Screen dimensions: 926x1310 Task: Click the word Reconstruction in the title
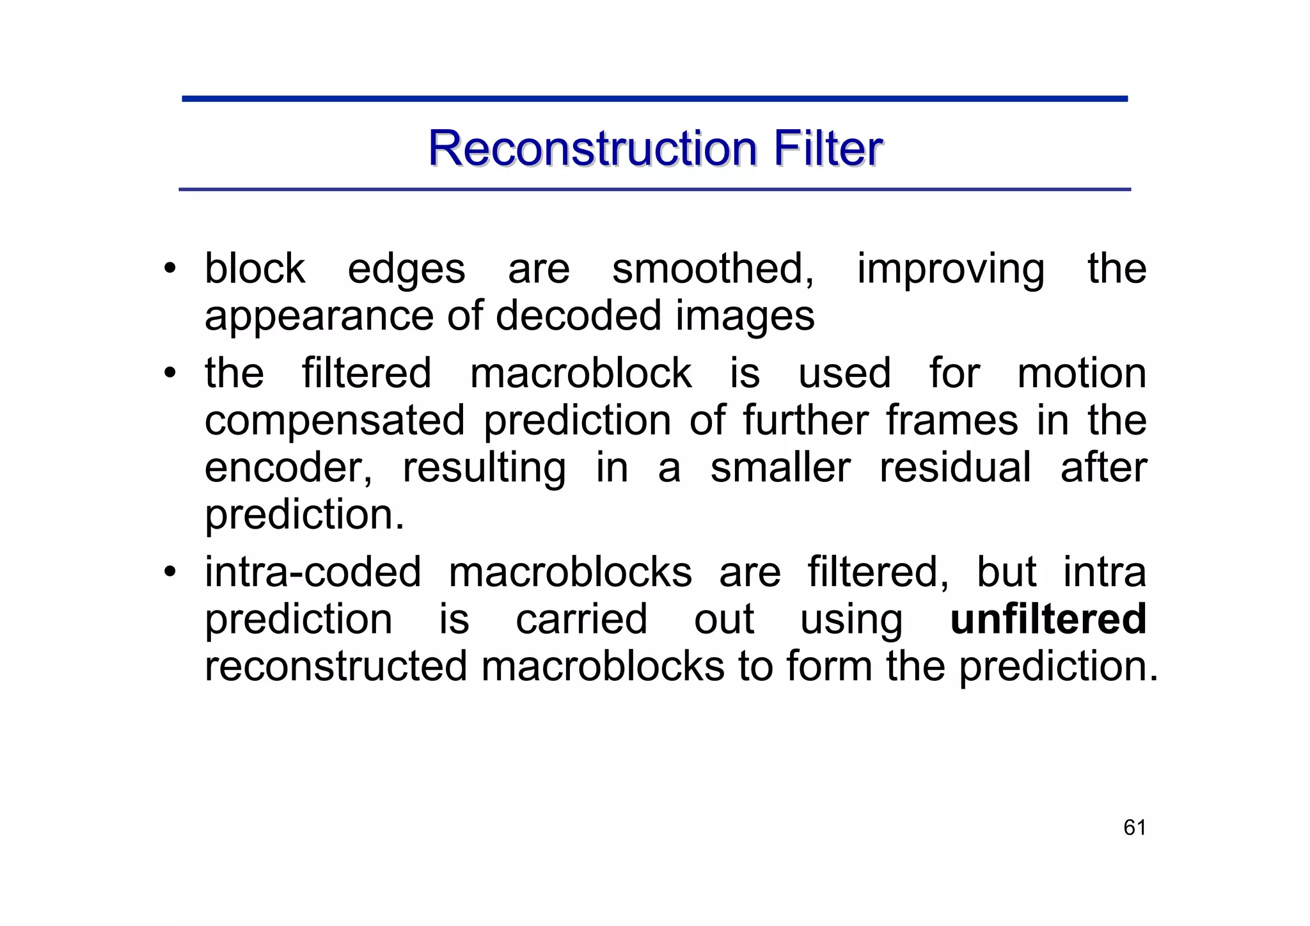[592, 148]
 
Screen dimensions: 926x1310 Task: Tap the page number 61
[1134, 827]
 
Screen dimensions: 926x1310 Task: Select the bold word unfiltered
[1048, 619]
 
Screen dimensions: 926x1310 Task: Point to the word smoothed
[713, 268]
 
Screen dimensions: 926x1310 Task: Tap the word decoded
[578, 315]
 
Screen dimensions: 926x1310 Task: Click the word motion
[1082, 373]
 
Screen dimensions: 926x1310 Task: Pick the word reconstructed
[336, 666]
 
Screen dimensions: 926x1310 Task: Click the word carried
[581, 619]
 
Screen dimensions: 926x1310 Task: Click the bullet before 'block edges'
[169, 268]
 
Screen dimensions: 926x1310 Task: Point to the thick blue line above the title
[654, 99]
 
